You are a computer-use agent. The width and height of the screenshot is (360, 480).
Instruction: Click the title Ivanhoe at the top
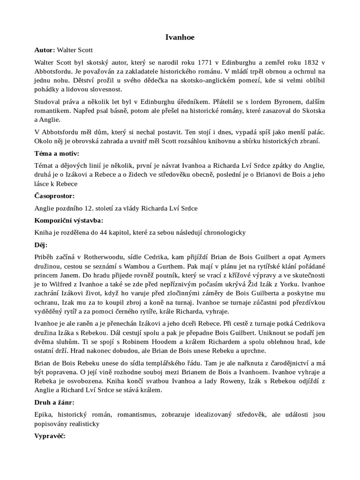180,37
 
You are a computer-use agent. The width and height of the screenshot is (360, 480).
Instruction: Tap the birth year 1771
209,62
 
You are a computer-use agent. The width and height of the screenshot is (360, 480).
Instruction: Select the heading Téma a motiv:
57,153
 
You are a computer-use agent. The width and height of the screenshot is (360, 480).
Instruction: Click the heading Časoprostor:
54,196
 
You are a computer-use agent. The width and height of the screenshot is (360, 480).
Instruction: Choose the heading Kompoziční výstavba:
69,220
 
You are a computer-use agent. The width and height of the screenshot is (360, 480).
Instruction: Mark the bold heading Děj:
41,245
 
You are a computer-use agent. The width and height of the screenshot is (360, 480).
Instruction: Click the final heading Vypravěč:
50,436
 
